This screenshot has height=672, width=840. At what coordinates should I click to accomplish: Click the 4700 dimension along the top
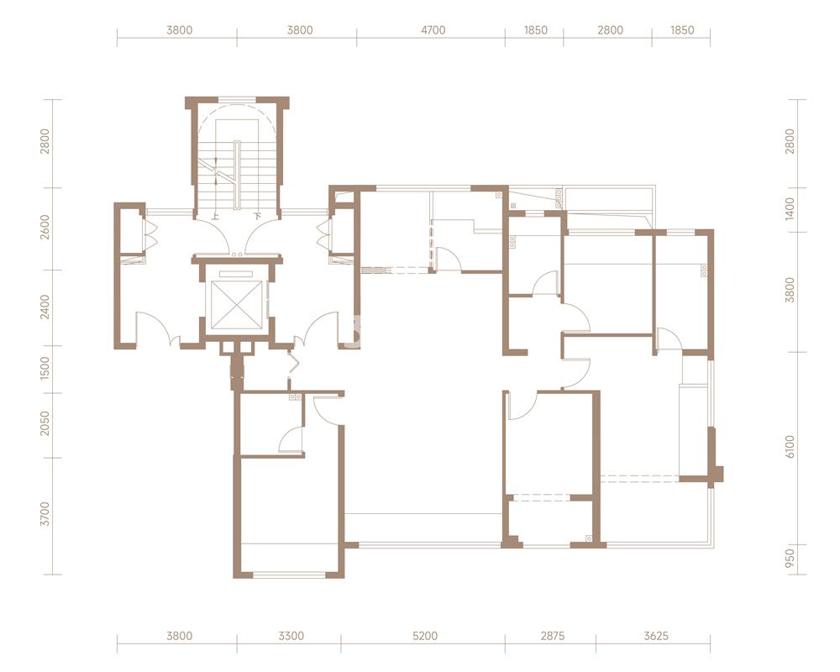433,30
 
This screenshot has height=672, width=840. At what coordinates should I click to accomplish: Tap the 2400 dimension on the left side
45,307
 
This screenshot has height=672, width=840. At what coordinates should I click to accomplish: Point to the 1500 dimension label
45,368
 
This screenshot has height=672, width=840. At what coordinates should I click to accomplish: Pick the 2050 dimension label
45,423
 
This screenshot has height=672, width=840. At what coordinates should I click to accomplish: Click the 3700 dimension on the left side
45,514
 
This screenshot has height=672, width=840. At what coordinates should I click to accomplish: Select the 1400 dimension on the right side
790,209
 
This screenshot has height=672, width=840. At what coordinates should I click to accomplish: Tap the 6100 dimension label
790,446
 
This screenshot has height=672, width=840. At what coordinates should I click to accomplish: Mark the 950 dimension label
790,559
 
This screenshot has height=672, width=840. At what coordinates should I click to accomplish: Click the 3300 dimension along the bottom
291,636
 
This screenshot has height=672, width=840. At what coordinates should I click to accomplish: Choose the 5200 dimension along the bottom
425,636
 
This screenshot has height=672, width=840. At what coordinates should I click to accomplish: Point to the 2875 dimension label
553,636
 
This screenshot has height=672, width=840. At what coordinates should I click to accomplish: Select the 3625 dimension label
656,636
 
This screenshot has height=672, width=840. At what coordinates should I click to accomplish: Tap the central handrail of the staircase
238,174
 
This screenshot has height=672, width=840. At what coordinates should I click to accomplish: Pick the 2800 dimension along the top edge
610,30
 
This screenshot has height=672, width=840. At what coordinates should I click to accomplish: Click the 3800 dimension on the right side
790,290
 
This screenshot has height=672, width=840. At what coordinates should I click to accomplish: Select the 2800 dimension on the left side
45,141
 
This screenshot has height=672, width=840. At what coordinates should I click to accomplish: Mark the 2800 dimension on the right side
790,141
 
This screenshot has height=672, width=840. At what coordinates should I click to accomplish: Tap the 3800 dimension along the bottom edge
180,636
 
